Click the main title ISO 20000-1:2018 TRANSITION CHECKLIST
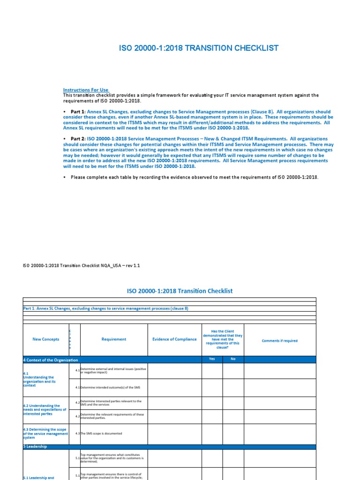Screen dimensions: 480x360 pyautogui.click(x=200, y=48)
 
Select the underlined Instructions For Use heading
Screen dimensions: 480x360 pyautogui.click(x=86, y=90)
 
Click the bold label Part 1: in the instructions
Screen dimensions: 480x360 pyautogui.click(x=76, y=112)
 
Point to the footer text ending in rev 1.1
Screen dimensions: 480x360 pyautogui.click(x=81, y=265)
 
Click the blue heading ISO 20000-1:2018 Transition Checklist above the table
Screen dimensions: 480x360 pyautogui.click(x=180, y=291)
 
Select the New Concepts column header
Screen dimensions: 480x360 pyautogui.click(x=45, y=339)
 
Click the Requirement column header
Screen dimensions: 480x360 pyautogui.click(x=114, y=339)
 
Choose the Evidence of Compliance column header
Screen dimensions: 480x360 pyautogui.click(x=174, y=339)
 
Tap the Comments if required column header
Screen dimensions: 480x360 pyautogui.click(x=279, y=341)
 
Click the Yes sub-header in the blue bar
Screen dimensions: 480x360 pyautogui.click(x=212, y=360)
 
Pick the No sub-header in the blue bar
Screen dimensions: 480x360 pyautogui.click(x=233, y=360)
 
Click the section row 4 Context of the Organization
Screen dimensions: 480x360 pyautogui.click(x=51, y=360)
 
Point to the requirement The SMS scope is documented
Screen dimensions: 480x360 pyautogui.click(x=101, y=434)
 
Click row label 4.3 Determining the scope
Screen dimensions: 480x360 pyautogui.click(x=45, y=434)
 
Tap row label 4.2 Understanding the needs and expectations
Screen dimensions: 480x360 pyautogui.click(x=45, y=410)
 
